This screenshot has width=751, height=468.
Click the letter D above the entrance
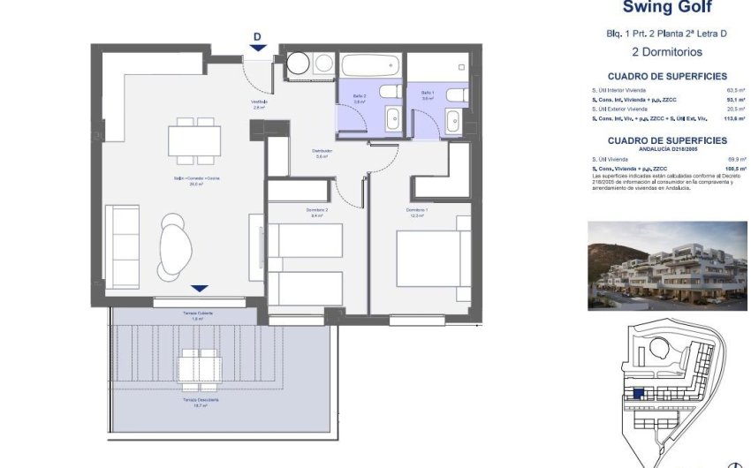point(257,36)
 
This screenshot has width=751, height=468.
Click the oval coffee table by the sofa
point(176,246)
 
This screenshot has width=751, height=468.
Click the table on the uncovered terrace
point(199,367)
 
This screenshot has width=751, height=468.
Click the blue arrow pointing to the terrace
point(200,288)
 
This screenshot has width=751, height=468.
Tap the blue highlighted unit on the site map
point(638,395)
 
